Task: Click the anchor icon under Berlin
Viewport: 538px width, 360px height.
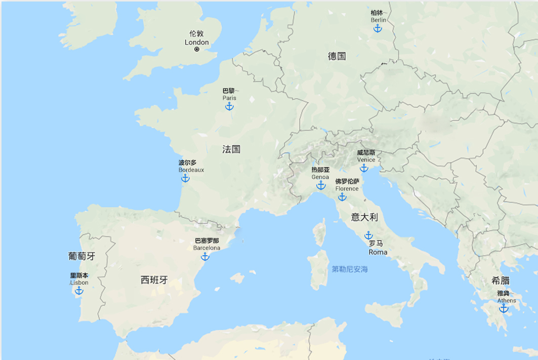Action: pyautogui.click(x=378, y=28)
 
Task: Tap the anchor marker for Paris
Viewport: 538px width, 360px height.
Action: pyautogui.click(x=229, y=106)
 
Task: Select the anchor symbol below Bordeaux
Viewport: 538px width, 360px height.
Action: pyautogui.click(x=185, y=178)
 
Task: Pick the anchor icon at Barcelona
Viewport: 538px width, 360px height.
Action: pyautogui.click(x=205, y=257)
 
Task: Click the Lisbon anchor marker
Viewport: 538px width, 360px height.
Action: pyautogui.click(x=79, y=291)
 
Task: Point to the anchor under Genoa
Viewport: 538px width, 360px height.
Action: pyautogui.click(x=321, y=185)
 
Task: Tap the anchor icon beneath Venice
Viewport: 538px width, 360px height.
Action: pyautogui.click(x=364, y=168)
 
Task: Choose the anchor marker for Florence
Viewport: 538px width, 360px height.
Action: pyautogui.click(x=342, y=197)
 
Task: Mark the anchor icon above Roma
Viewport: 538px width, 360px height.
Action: pyautogui.click(x=368, y=235)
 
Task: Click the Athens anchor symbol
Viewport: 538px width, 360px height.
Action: pyautogui.click(x=504, y=308)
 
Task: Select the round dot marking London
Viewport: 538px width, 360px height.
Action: pyautogui.click(x=197, y=50)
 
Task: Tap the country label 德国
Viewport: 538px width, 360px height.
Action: pyautogui.click(x=337, y=56)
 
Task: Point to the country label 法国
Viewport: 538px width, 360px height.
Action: pyautogui.click(x=231, y=149)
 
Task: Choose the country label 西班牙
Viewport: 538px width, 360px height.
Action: pyautogui.click(x=154, y=279)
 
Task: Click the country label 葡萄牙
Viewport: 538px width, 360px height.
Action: pyautogui.click(x=81, y=256)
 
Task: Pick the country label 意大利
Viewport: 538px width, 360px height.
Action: pyautogui.click(x=364, y=217)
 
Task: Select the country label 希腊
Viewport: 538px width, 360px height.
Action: pyautogui.click(x=501, y=281)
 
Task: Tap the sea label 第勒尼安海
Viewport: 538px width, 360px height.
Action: pyautogui.click(x=350, y=269)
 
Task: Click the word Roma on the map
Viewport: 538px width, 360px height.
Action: pyautogui.click(x=378, y=252)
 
